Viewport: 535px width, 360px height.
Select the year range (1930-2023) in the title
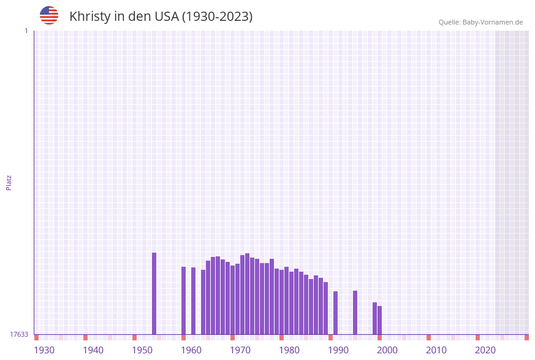click(x=217, y=17)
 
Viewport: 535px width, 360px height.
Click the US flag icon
click(x=49, y=15)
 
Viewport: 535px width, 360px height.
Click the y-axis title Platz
click(x=9, y=182)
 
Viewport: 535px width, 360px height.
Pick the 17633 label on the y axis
click(x=19, y=334)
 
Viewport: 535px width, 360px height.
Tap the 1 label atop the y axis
click(x=26, y=31)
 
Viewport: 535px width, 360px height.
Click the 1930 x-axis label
click(x=44, y=350)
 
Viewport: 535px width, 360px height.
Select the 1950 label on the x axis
click(x=142, y=350)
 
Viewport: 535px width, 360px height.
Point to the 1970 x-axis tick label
click(x=240, y=350)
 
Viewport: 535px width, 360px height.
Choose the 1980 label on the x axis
click(x=289, y=350)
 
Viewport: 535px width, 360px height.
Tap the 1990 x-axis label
click(x=338, y=350)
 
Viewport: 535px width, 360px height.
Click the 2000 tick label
click(x=387, y=350)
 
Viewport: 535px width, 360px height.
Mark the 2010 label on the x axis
click(x=436, y=350)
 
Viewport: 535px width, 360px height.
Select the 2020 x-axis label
click(x=485, y=350)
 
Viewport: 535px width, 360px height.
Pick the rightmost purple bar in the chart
click(x=379, y=320)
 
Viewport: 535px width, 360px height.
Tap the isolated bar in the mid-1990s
click(x=355, y=312)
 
